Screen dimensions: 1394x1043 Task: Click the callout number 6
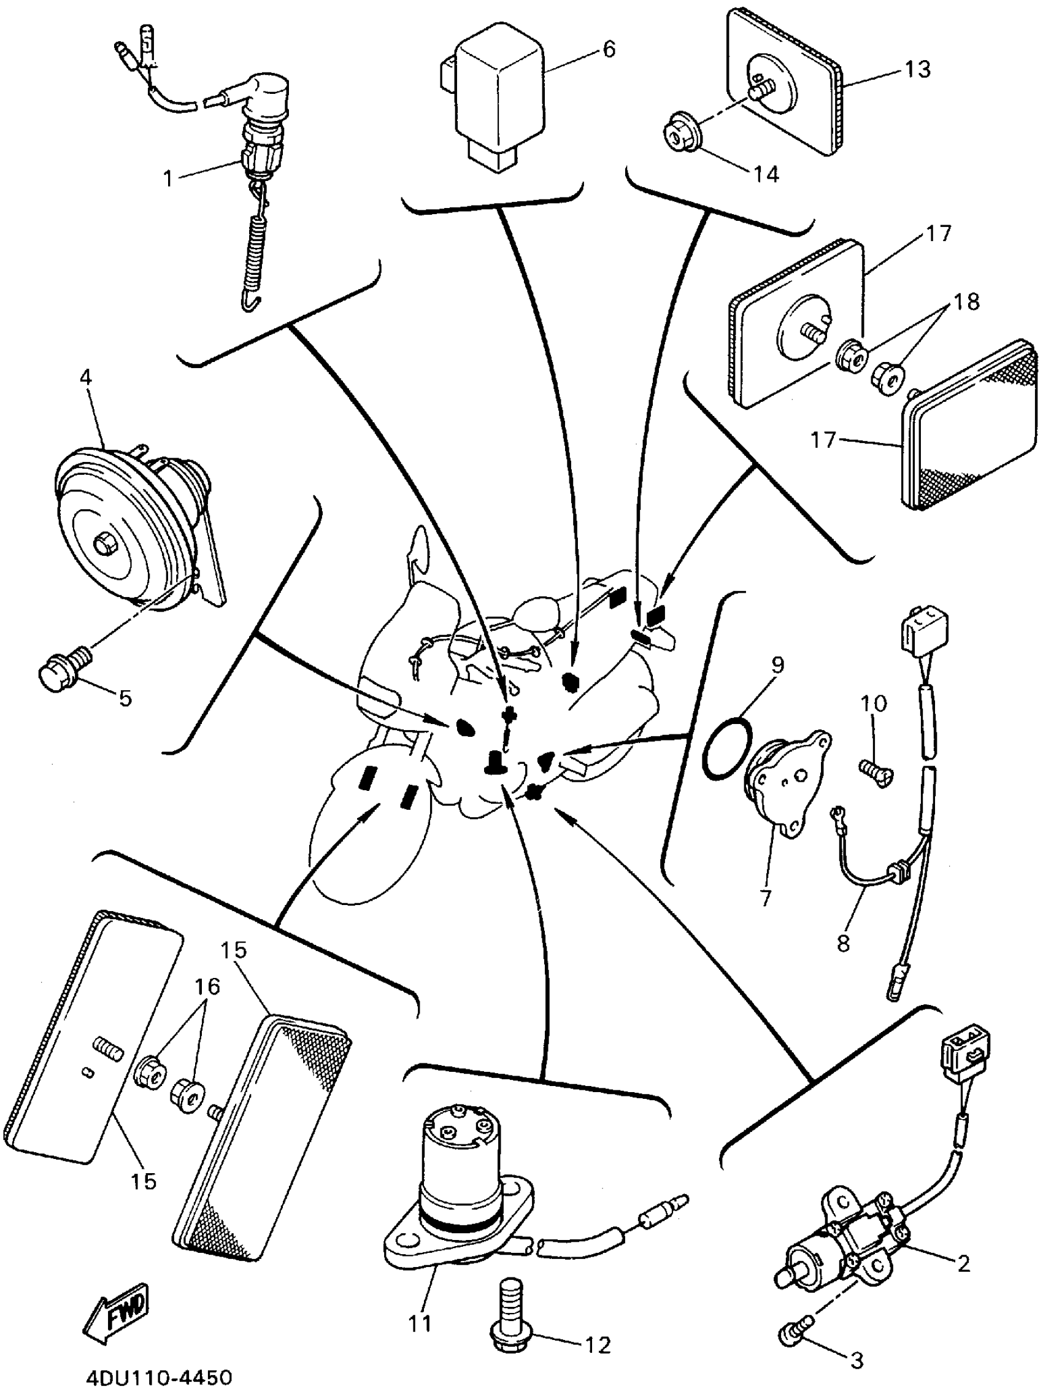(x=608, y=49)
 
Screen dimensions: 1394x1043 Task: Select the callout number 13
(x=917, y=69)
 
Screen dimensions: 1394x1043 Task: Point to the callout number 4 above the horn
(x=87, y=377)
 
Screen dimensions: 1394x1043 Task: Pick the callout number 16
(x=207, y=986)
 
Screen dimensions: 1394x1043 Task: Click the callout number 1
(x=167, y=179)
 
